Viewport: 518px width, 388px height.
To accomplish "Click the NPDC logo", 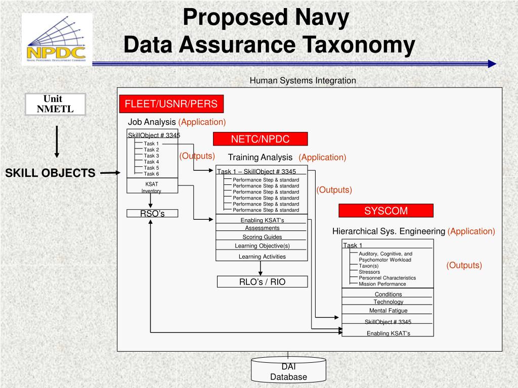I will tap(56, 38).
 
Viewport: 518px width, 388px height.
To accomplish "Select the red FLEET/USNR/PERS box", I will tap(171, 104).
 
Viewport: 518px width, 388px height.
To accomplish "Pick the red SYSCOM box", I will tap(385, 210).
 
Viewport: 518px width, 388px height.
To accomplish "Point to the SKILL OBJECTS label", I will tap(50, 173).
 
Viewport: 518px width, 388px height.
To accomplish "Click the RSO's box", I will tap(152, 214).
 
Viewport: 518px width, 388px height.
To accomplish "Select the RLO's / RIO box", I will tap(262, 282).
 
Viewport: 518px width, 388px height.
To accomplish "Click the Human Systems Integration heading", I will tap(303, 80).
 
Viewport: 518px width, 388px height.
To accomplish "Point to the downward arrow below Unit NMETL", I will tap(57, 141).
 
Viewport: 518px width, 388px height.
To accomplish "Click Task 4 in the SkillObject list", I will tap(151, 162).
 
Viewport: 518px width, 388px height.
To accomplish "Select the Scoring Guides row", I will tap(262, 237).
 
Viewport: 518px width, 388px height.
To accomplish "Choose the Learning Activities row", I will tap(262, 257).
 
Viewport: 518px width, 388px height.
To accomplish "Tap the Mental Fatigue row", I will tap(388, 311).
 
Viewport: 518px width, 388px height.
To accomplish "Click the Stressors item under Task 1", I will tap(369, 272).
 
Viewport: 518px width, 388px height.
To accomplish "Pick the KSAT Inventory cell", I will tap(152, 187).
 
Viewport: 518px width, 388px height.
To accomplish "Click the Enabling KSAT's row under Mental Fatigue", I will tap(388, 333).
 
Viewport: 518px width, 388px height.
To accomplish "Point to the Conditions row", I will tap(388, 294).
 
